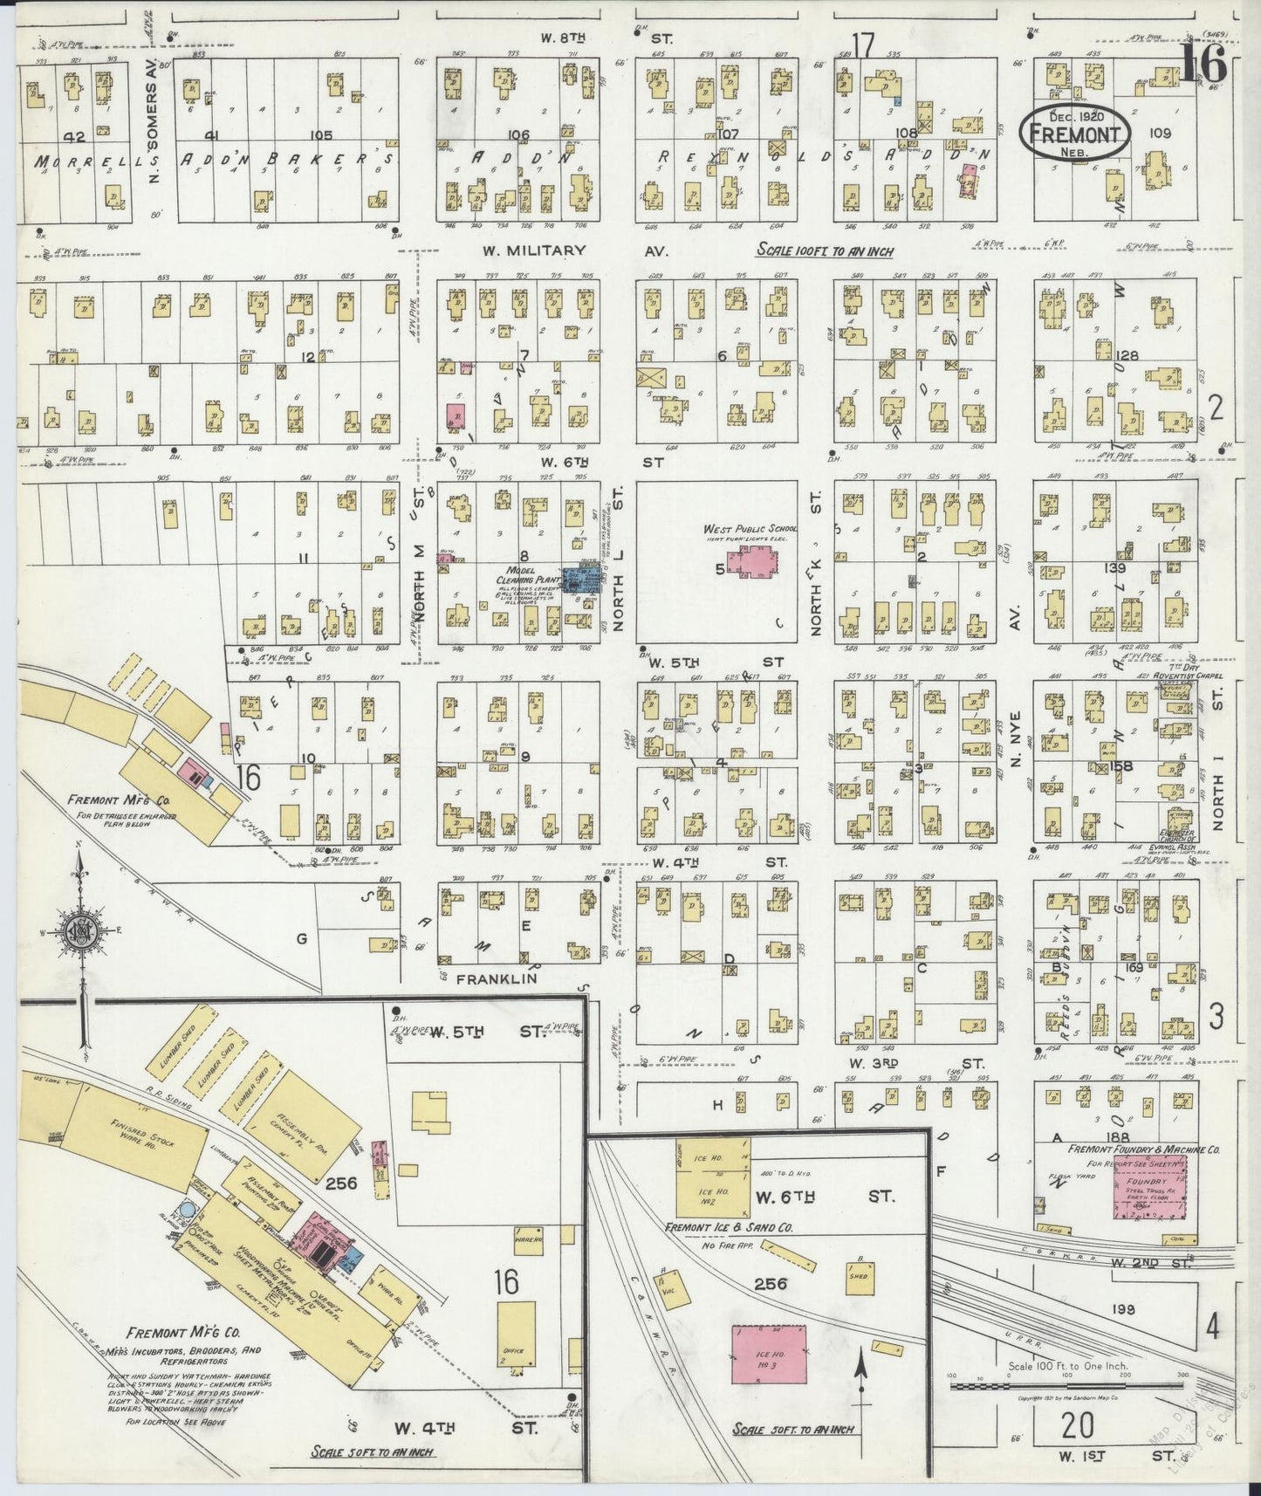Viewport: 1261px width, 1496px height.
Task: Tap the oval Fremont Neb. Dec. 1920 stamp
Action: pos(1074,134)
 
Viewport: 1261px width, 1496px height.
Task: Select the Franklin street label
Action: pos(495,979)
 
